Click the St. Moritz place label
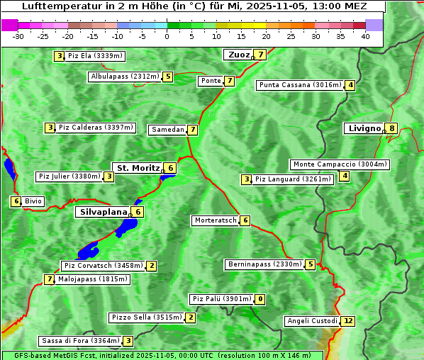coord(138,168)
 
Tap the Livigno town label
coord(364,128)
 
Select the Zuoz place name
coord(238,55)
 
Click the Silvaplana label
coord(103,211)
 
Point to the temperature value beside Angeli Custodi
coord(347,321)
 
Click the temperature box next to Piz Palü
coord(260,299)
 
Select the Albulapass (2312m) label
coord(124,77)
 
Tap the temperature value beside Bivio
coord(15,201)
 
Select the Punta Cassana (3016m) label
coord(300,85)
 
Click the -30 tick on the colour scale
coord(18,36)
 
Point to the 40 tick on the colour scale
coord(365,36)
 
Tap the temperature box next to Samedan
coord(192,130)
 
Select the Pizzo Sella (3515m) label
coord(145,317)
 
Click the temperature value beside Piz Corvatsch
coord(151,266)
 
